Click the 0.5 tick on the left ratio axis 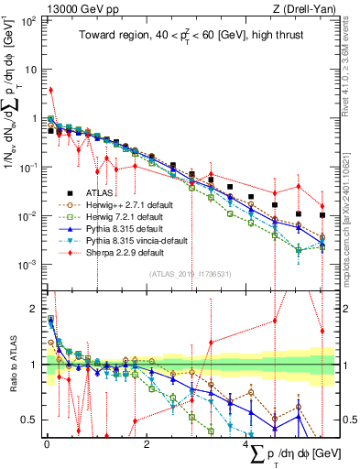pyautogui.click(x=33, y=420)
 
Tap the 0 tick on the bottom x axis pyautogui.click(x=47, y=444)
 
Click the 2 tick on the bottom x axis pyautogui.click(x=147, y=444)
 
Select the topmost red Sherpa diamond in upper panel pyautogui.click(x=50, y=90)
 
